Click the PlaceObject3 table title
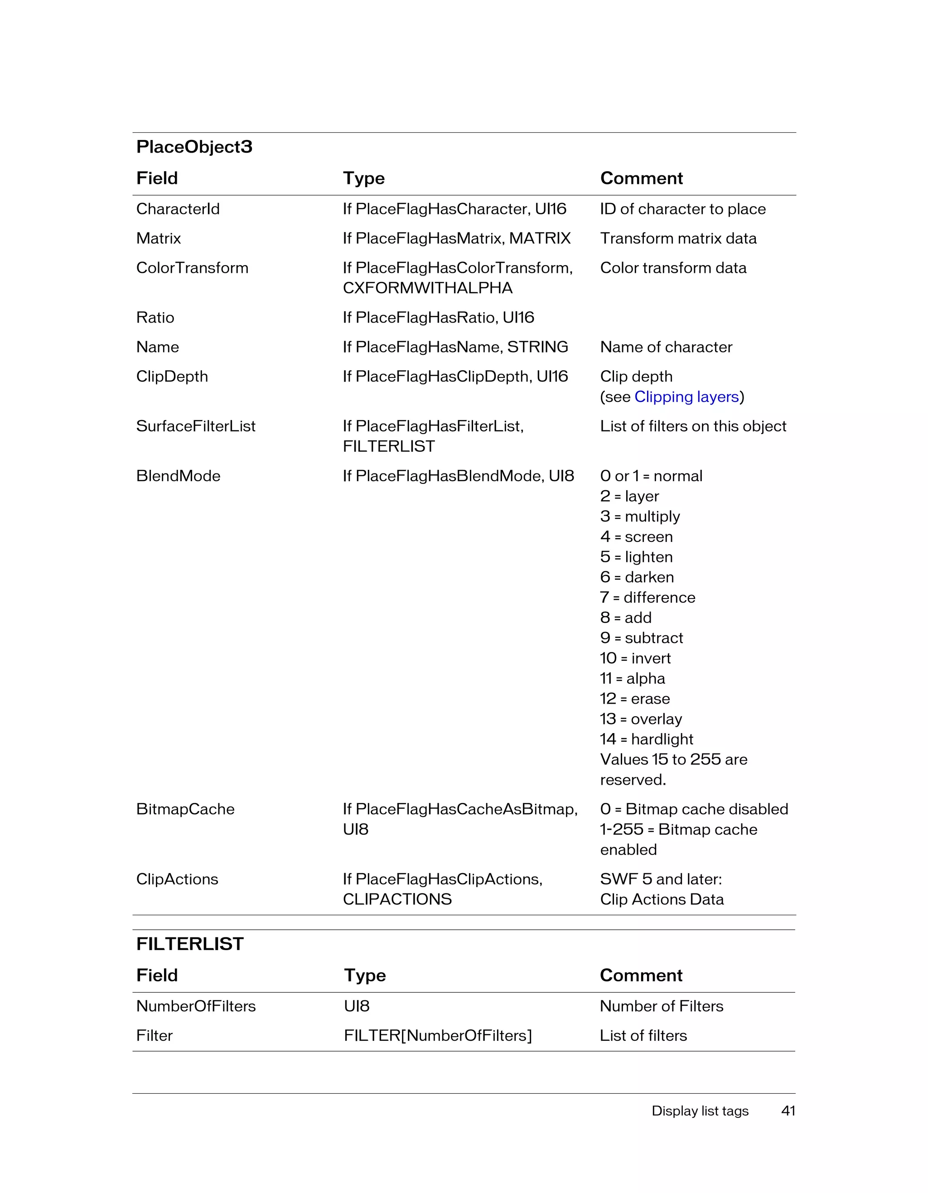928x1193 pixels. click(194, 147)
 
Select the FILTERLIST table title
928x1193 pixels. click(189, 944)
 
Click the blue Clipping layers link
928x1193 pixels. click(686, 396)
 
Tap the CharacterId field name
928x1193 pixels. click(178, 209)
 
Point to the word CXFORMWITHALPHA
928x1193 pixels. click(427, 288)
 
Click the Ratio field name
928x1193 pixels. click(155, 317)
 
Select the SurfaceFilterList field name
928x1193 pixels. click(196, 426)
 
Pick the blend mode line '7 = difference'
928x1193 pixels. click(647, 597)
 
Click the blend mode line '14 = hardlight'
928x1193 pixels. click(646, 739)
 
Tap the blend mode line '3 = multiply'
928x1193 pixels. click(640, 516)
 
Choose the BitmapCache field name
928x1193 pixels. click(185, 809)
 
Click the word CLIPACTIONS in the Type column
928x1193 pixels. click(397, 899)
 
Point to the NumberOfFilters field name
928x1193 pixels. click(196, 1006)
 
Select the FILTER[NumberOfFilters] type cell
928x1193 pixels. click(438, 1036)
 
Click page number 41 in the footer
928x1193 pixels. click(788, 1111)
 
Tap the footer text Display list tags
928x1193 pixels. click(700, 1111)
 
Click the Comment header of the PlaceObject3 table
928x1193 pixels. click(641, 178)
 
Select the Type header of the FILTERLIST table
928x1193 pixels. click(364, 975)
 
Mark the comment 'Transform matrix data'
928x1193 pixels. click(678, 238)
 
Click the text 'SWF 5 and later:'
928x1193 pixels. click(660, 879)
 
